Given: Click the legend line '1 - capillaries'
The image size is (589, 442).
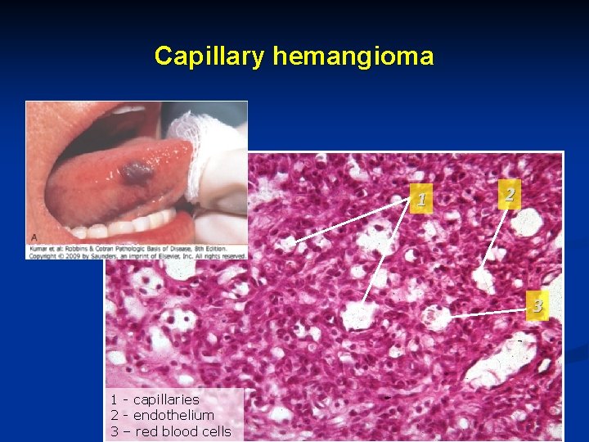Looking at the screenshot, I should click(155, 399).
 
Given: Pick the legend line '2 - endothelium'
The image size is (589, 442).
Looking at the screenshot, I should click(162, 415).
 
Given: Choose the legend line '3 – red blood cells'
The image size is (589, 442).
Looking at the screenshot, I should click(171, 431).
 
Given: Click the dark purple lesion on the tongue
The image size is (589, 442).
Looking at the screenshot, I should click(137, 172).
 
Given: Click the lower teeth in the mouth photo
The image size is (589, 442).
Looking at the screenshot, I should click(131, 225).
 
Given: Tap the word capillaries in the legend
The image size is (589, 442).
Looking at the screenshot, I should click(166, 399).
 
